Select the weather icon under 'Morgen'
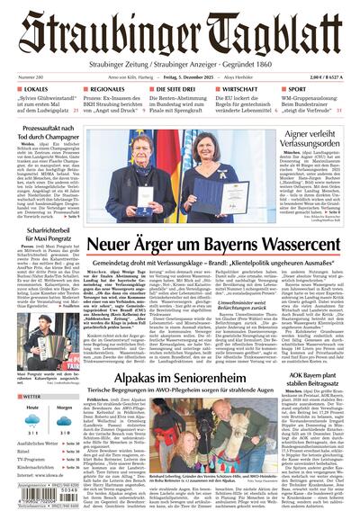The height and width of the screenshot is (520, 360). pos(62,424)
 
